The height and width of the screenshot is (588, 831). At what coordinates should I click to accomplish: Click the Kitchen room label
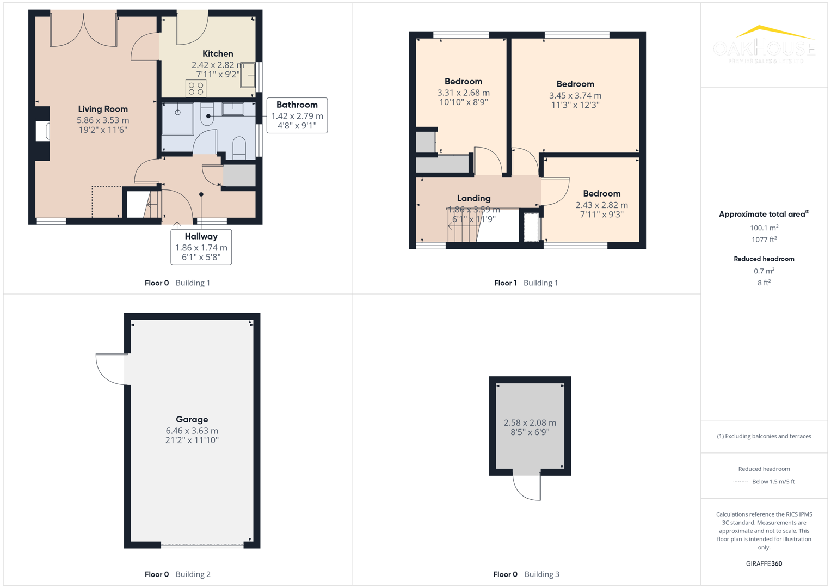[x=218, y=53]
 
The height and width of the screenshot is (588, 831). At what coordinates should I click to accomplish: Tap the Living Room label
[x=103, y=109]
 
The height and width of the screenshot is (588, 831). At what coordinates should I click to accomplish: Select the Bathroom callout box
[x=297, y=115]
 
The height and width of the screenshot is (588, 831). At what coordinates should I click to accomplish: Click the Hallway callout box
[x=201, y=247]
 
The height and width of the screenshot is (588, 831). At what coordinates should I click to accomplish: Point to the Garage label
[x=192, y=419]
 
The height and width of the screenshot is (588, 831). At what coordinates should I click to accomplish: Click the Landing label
[x=473, y=198]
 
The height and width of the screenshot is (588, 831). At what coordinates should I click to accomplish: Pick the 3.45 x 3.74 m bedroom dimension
[x=575, y=95]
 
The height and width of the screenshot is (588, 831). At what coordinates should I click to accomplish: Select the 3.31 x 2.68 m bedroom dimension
[x=463, y=93]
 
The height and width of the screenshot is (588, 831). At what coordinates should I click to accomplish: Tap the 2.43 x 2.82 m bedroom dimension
[x=601, y=205]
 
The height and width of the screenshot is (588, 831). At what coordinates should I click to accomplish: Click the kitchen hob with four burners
[x=196, y=88]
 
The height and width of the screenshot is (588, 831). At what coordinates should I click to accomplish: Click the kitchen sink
[x=248, y=75]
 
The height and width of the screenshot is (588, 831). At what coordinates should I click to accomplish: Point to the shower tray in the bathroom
[x=178, y=119]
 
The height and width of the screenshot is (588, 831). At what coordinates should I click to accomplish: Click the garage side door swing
[x=112, y=369]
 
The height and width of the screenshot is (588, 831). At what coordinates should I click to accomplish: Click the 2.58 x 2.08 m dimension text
[x=530, y=422]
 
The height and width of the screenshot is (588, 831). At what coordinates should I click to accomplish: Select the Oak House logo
[x=764, y=45]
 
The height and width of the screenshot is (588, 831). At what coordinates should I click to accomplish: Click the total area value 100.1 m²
[x=764, y=228]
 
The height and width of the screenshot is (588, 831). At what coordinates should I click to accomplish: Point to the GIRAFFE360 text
[x=764, y=563]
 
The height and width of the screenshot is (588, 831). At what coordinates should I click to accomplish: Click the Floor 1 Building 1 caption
[x=526, y=283]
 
